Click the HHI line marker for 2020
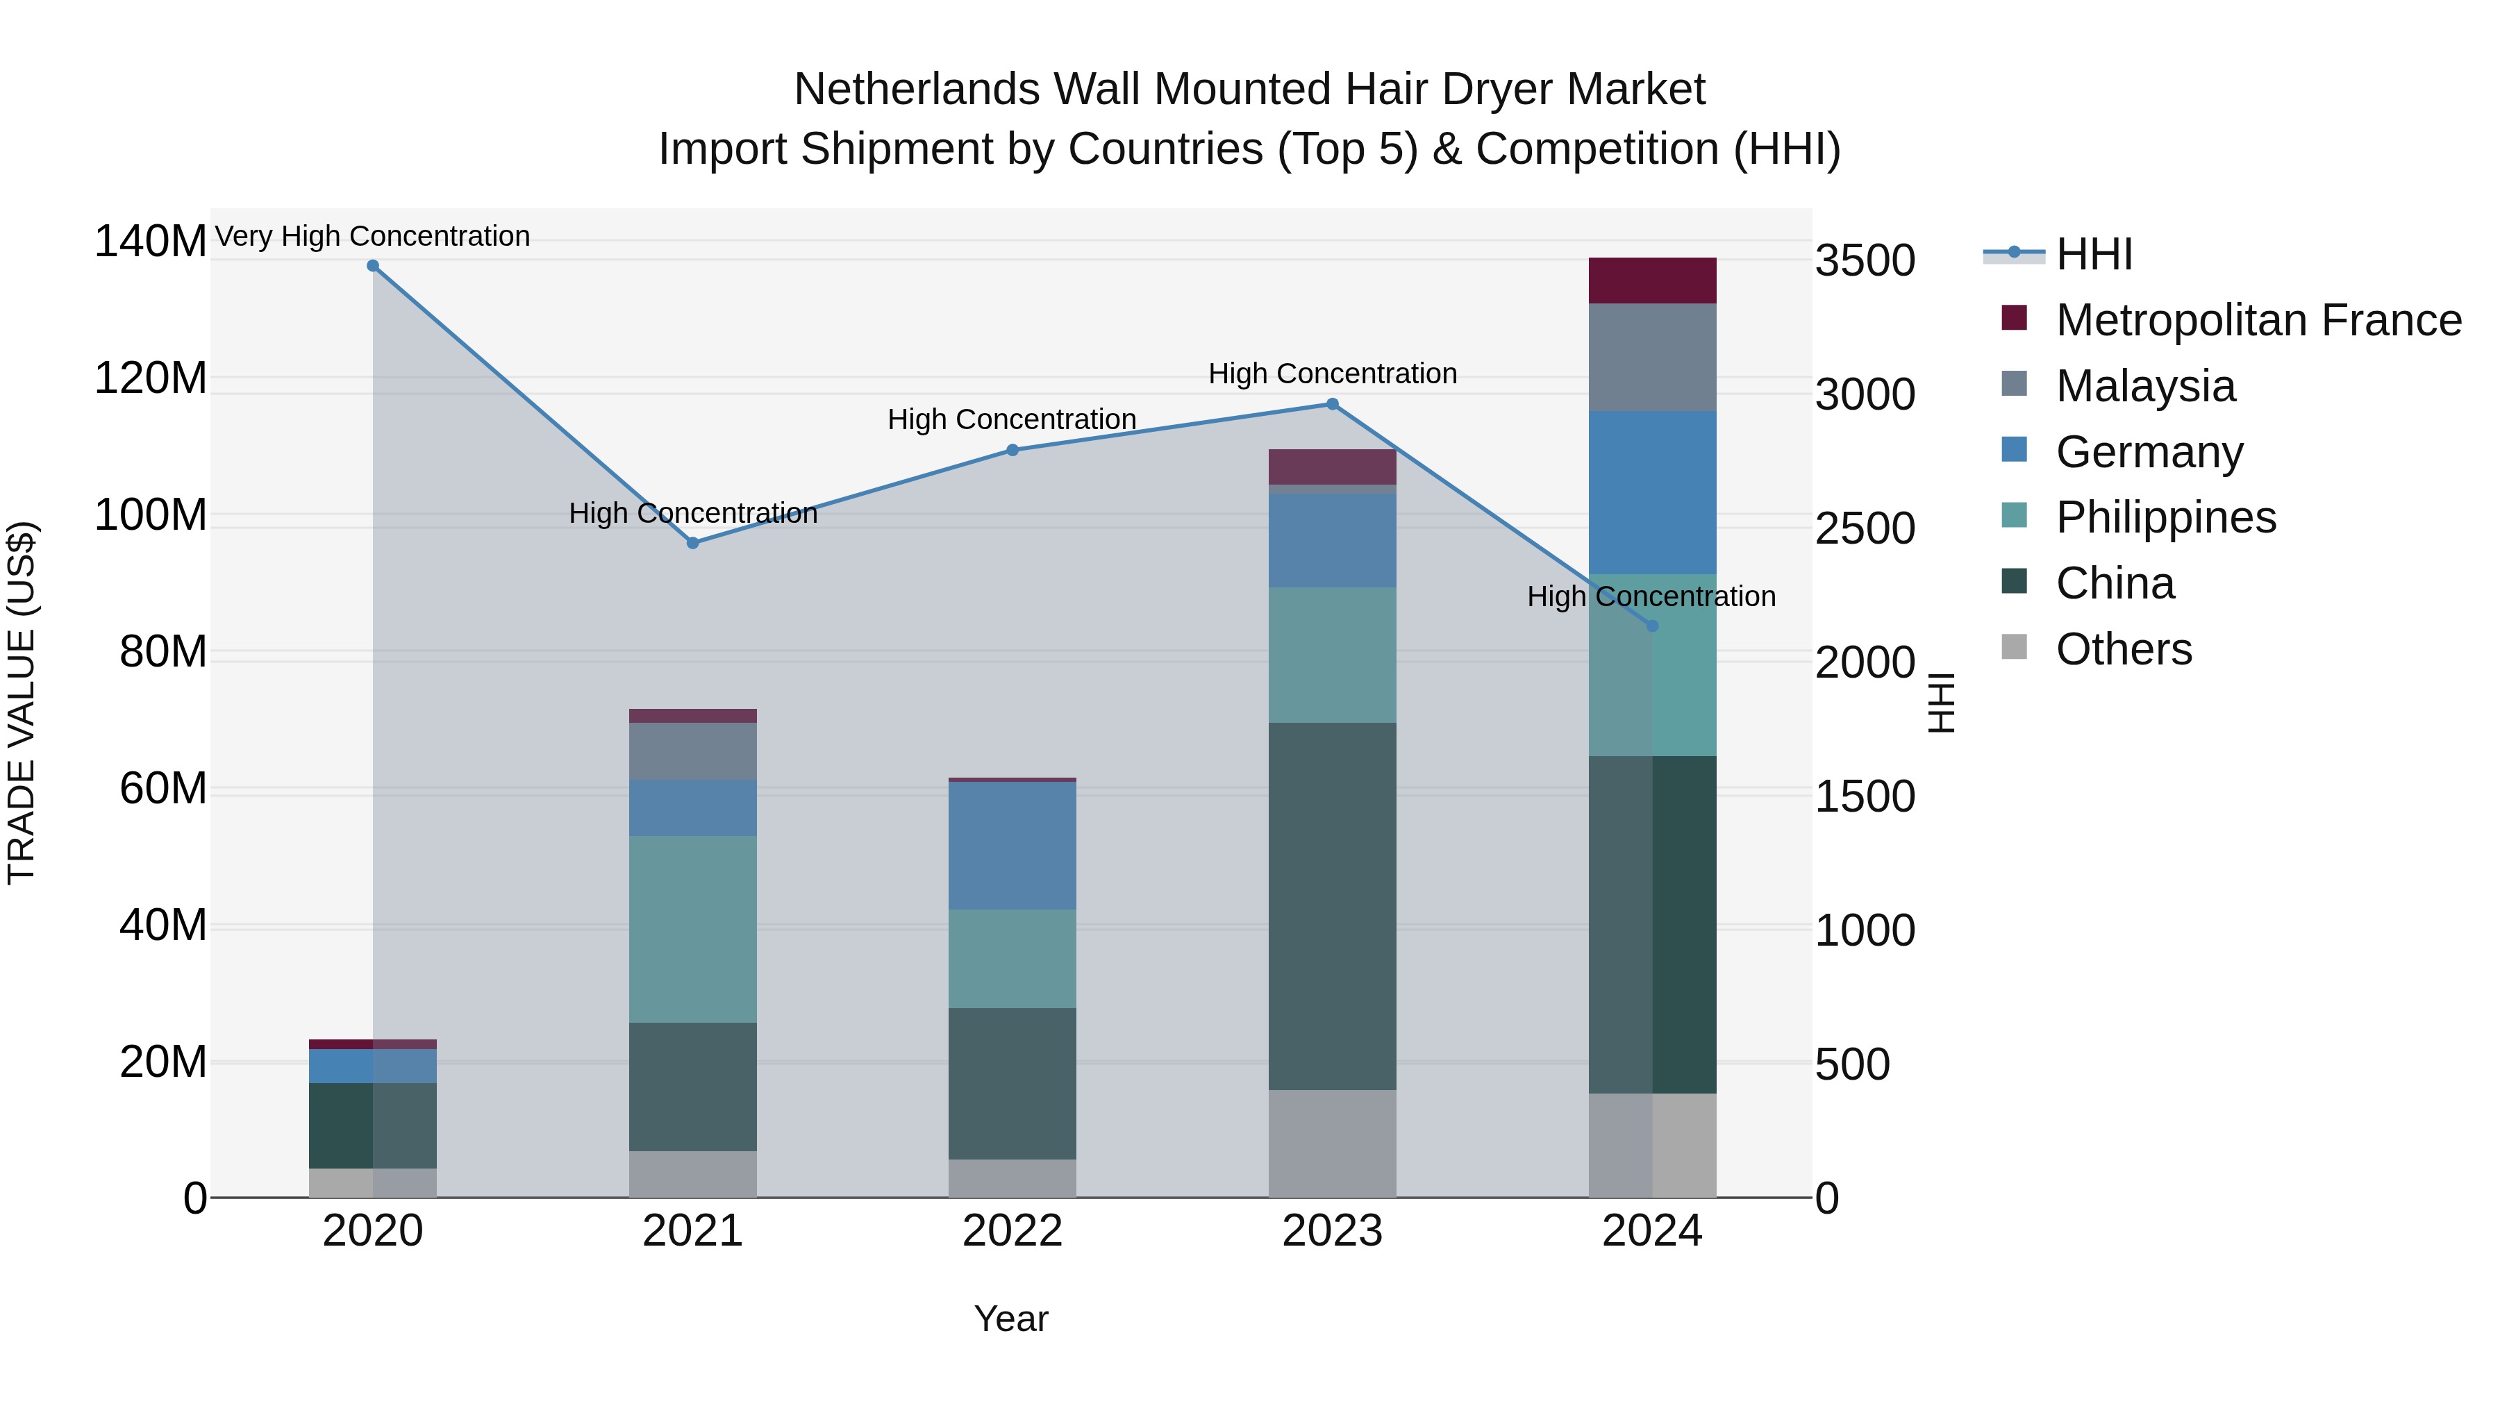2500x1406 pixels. [x=373, y=266]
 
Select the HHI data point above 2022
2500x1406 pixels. [x=1012, y=450]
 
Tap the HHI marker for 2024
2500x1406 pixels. [x=1653, y=626]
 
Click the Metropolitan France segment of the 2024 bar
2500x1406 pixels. [x=1653, y=281]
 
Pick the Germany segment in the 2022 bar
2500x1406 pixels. [x=1012, y=845]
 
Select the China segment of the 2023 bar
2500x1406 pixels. [x=1333, y=906]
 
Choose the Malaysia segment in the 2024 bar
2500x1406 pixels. [x=1653, y=357]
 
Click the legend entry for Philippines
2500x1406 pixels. [x=2165, y=517]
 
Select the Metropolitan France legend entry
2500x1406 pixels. [x=2258, y=320]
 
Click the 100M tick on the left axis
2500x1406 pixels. [x=151, y=515]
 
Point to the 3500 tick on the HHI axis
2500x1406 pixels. [x=1865, y=261]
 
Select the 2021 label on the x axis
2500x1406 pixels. [x=693, y=1231]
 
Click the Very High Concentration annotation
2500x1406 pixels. [x=373, y=236]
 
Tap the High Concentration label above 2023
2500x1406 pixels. [x=1333, y=374]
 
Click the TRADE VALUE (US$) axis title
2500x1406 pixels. [x=22, y=703]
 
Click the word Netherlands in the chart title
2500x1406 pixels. [x=917, y=90]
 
